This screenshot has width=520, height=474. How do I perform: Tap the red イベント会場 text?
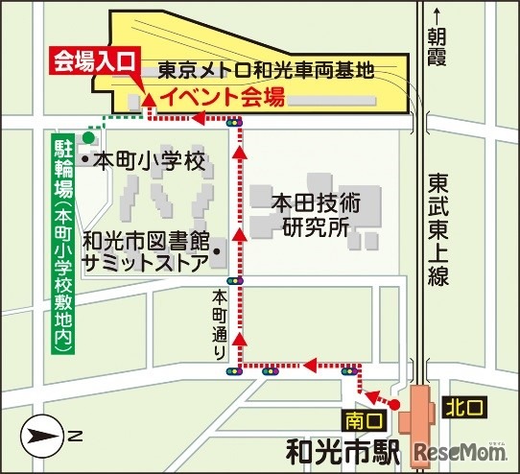222,96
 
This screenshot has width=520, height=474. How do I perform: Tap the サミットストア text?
143,259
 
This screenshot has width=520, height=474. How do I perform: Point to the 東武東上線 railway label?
440,225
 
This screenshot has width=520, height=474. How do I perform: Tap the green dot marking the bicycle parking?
88,138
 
